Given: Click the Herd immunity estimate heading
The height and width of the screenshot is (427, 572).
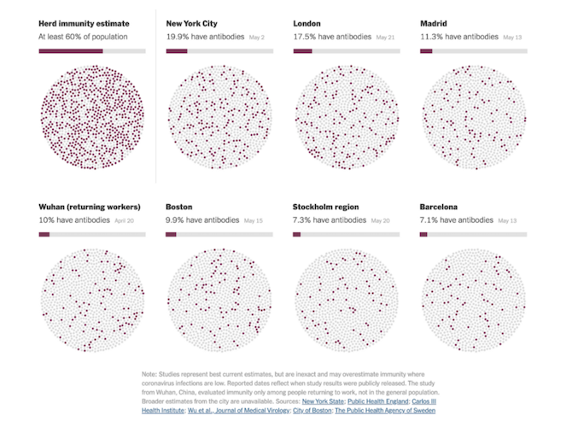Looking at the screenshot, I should tap(84, 24).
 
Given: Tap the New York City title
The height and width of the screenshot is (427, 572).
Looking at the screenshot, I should tap(197, 24).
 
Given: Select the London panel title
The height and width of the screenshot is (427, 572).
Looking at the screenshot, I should tap(307, 24).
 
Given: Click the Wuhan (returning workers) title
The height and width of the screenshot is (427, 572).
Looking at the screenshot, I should tap(90, 207).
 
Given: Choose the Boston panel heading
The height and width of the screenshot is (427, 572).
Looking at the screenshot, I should tap(179, 207).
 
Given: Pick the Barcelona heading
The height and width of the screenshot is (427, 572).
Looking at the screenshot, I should tap(439, 207).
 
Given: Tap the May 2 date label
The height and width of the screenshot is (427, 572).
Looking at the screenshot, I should tap(257, 38).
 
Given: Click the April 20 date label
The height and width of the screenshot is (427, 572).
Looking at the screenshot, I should tap(125, 221).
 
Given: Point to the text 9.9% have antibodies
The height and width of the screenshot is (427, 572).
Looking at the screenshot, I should tap(201, 220).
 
